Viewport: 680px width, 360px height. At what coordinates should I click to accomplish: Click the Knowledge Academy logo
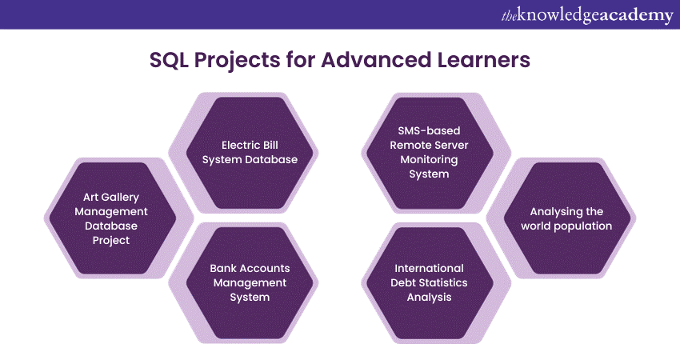click(587, 16)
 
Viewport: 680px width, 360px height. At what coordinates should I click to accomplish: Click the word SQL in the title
click(169, 60)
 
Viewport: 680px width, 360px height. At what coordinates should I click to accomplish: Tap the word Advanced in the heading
click(377, 59)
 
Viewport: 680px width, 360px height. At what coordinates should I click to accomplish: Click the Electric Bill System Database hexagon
click(250, 153)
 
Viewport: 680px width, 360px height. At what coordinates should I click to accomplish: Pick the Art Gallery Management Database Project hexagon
click(111, 218)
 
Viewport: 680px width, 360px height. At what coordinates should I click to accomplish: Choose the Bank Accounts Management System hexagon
click(250, 282)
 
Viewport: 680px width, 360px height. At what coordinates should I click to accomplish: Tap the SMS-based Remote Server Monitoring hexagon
click(430, 153)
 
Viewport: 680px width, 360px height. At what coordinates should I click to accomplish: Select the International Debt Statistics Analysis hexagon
click(430, 282)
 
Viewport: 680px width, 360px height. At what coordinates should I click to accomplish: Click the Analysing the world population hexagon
click(567, 218)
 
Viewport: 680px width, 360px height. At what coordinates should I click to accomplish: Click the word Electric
click(237, 145)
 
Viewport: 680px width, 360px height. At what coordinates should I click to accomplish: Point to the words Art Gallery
click(111, 198)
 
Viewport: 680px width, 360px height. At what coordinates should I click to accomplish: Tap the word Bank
click(220, 268)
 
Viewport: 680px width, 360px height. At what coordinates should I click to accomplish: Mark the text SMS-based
click(429, 130)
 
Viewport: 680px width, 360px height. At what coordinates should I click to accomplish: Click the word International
click(429, 268)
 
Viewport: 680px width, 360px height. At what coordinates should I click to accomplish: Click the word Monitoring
click(429, 160)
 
